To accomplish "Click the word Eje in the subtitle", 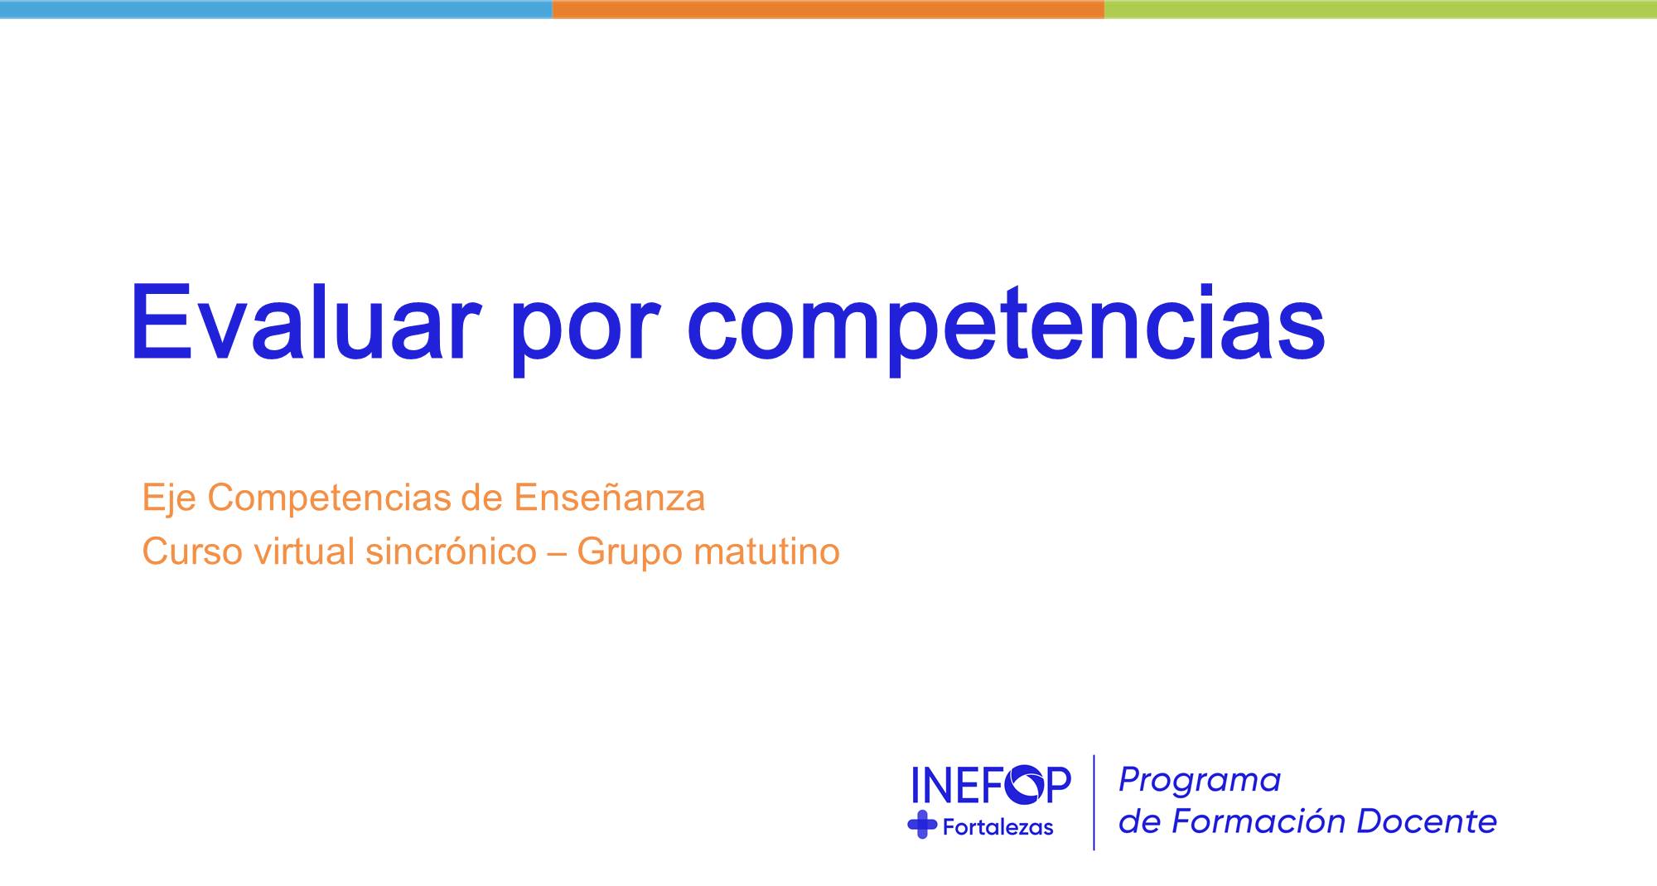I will pyautogui.click(x=169, y=499).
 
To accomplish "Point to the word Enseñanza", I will pyautogui.click(x=609, y=498).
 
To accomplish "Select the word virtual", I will pyautogui.click(x=305, y=551).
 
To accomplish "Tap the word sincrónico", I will pyautogui.click(x=451, y=551).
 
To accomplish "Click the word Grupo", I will pyautogui.click(x=630, y=553).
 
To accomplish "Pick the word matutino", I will pyautogui.click(x=767, y=551).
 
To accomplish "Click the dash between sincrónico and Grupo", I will pyautogui.click(x=557, y=553).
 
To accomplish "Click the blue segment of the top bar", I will pyautogui.click(x=276, y=9).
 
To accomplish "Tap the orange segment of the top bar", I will pyautogui.click(x=828, y=9).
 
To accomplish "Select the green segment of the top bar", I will pyautogui.click(x=1380, y=9).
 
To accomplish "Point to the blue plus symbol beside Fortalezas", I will pyautogui.click(x=922, y=825).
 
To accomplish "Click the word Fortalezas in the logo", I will pyautogui.click(x=998, y=826).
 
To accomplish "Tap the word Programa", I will pyautogui.click(x=1200, y=780).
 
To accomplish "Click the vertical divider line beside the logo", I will pyautogui.click(x=1094, y=802).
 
